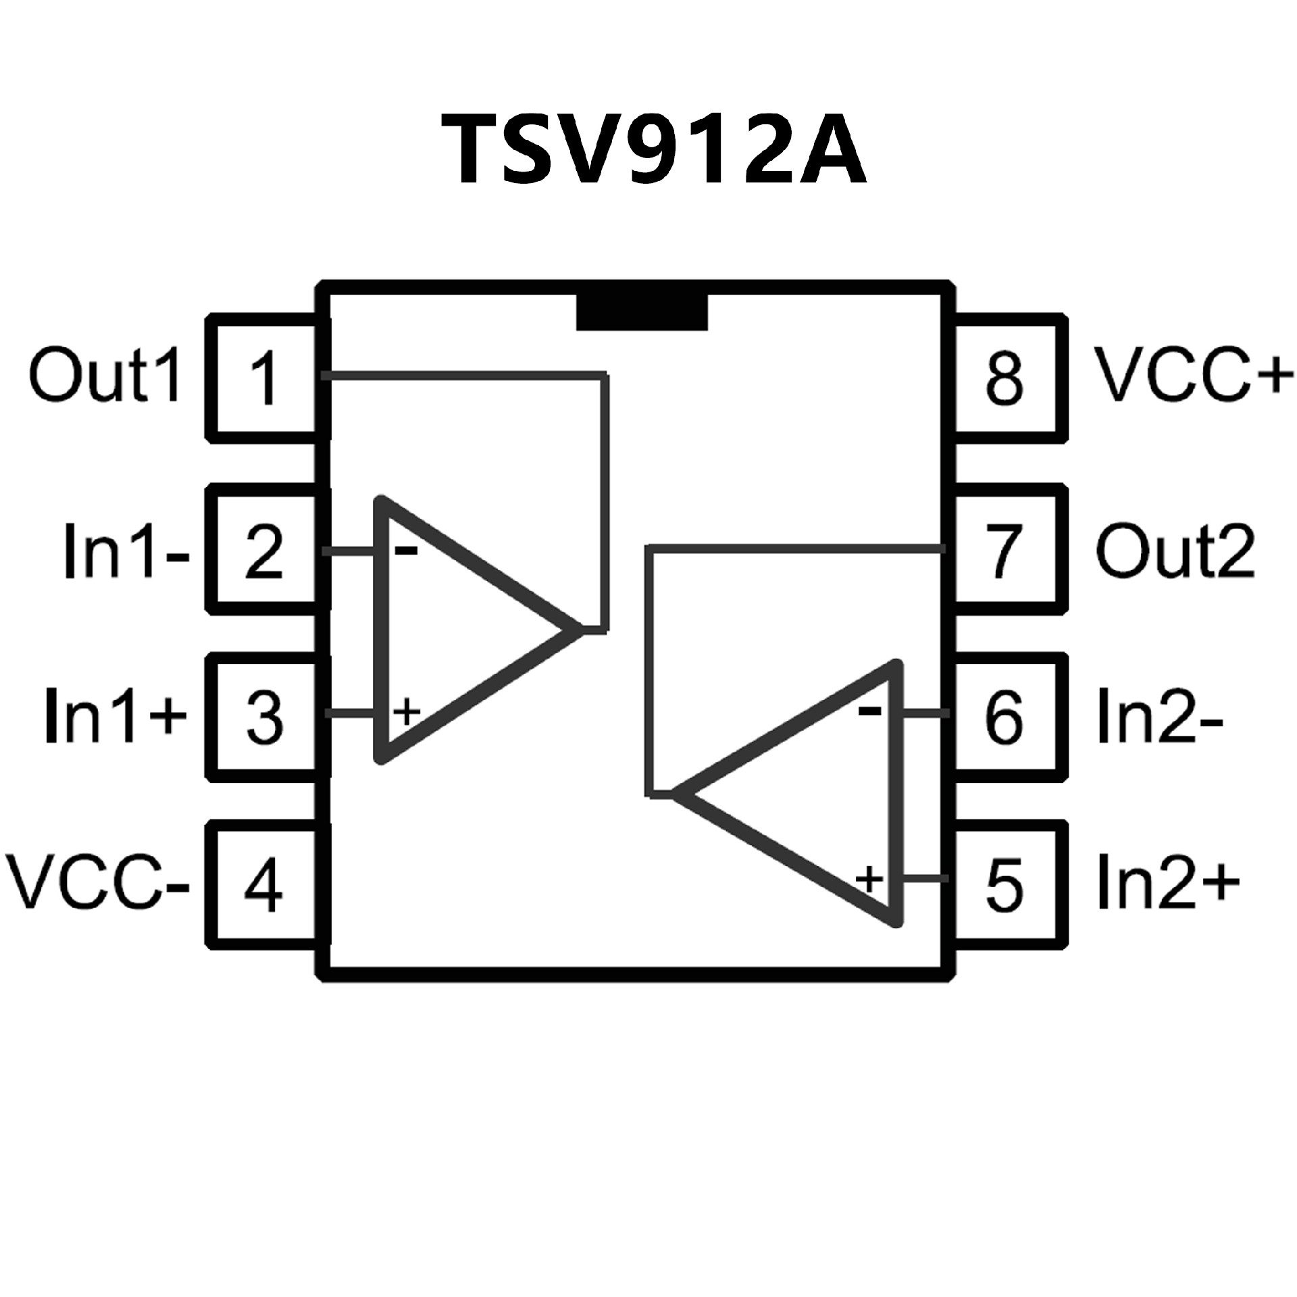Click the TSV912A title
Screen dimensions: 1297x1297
tap(654, 150)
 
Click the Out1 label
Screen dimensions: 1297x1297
tap(105, 377)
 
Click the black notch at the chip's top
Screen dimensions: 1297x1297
tap(642, 312)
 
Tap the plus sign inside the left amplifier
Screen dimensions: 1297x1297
tap(407, 712)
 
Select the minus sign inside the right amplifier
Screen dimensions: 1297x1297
tap(869, 710)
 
